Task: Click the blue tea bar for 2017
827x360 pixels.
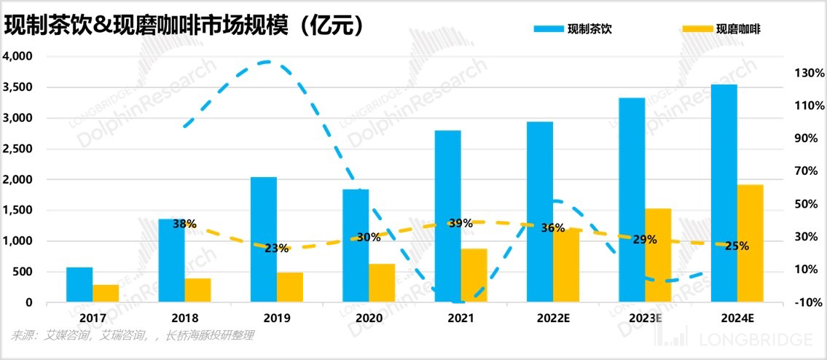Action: tap(79, 285)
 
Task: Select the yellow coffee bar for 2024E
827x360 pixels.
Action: tap(750, 243)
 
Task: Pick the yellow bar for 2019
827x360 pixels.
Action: tap(290, 287)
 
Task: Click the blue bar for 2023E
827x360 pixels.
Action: tap(632, 200)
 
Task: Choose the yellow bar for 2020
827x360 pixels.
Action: tap(382, 283)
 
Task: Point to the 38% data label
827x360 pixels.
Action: tap(184, 224)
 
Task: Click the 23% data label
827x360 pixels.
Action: tap(276, 248)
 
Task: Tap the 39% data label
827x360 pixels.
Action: tap(460, 223)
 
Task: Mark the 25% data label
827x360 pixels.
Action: tap(737, 246)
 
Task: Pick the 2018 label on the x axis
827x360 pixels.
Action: tap(184, 318)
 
